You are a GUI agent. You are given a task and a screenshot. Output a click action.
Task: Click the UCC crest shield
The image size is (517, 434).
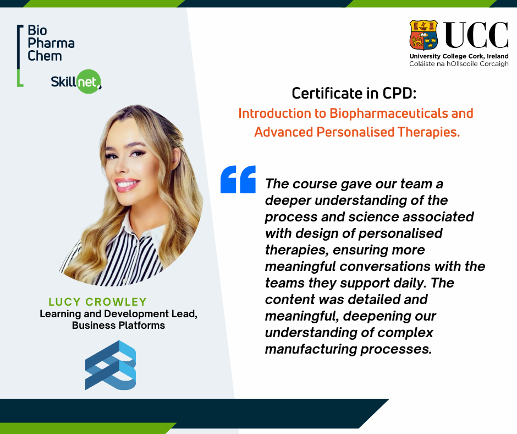(424, 35)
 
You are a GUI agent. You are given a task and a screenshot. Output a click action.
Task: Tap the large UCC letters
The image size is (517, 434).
(475, 35)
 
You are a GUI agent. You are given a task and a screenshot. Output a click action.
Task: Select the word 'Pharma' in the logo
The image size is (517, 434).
(51, 44)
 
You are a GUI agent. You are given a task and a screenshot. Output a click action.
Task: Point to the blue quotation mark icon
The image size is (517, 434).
(238, 180)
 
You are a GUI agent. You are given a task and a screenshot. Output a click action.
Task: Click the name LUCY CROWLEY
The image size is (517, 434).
(97, 302)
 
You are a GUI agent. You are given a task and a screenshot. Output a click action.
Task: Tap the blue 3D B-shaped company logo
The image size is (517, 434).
(111, 365)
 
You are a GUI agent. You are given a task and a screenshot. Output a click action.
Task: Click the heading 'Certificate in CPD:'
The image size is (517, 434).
(354, 93)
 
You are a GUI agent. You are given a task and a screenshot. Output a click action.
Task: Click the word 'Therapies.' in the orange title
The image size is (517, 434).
(428, 132)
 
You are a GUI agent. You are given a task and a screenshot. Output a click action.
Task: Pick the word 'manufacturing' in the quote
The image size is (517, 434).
(311, 349)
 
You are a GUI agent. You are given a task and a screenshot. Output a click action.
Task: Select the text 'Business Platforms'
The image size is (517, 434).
(118, 325)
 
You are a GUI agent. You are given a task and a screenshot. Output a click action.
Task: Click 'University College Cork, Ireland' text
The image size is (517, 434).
(459, 56)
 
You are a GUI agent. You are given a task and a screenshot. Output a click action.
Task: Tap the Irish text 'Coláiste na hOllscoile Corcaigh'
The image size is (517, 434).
(459, 64)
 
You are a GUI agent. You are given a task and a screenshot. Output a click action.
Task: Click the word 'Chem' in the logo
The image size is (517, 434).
(45, 56)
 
